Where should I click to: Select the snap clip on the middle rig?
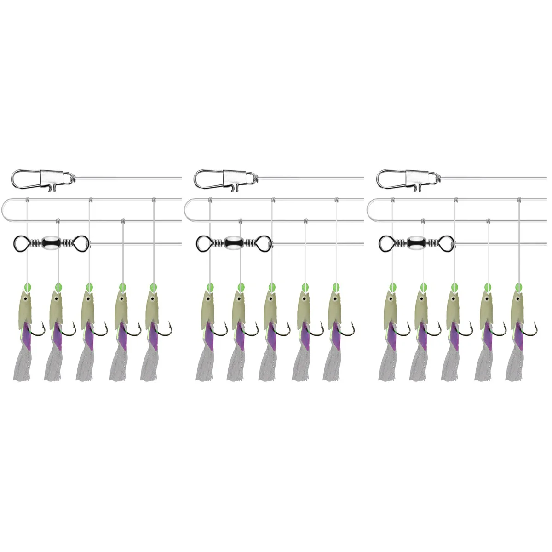225,178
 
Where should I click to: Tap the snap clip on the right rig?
408,178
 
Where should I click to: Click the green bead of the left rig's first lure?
27,287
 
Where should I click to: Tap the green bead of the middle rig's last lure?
336,287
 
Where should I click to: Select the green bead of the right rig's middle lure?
455,287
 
